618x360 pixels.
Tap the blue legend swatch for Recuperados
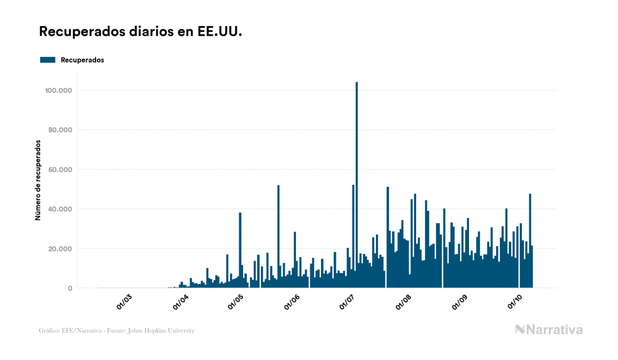pyautogui.click(x=48, y=60)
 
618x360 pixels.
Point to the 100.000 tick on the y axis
pyautogui.click(x=58, y=90)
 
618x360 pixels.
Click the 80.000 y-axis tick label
pyautogui.click(x=60, y=130)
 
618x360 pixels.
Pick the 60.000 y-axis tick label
pyautogui.click(x=60, y=169)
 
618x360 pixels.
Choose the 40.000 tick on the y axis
pyautogui.click(x=60, y=209)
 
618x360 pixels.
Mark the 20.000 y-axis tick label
pyautogui.click(x=60, y=248)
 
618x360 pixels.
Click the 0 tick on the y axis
pyautogui.click(x=70, y=288)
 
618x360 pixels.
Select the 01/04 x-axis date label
pyautogui.click(x=181, y=302)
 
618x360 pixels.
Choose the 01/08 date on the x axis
pyautogui.click(x=403, y=302)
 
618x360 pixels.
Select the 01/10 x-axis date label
pyautogui.click(x=514, y=302)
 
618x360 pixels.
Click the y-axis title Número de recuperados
pyautogui.click(x=38, y=180)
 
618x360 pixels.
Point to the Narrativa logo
pyautogui.click(x=549, y=330)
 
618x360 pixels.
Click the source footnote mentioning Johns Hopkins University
pyautogui.click(x=116, y=331)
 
